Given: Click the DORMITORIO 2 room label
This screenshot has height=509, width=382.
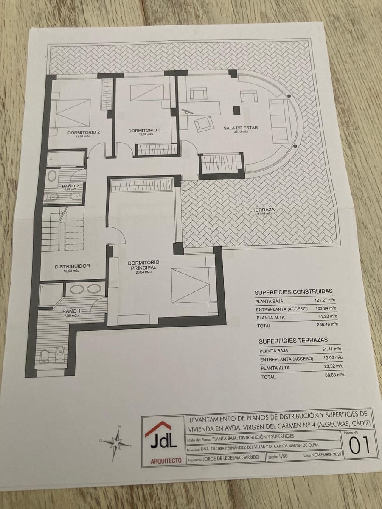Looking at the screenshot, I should [84, 133].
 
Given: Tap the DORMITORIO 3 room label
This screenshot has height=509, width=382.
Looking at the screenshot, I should [144, 131].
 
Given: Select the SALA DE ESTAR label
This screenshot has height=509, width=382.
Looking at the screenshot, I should [241, 127].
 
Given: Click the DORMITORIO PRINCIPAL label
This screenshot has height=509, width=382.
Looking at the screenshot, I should [143, 266].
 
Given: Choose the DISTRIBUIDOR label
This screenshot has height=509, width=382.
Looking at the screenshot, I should [72, 266].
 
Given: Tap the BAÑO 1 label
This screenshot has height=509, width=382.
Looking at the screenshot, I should [68, 311].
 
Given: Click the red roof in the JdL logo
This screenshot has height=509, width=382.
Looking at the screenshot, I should [158, 427].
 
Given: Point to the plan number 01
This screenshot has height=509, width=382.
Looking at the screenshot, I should [359, 445].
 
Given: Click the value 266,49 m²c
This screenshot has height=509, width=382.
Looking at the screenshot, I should [321, 325].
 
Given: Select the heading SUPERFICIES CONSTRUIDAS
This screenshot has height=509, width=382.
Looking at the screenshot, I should [293, 292].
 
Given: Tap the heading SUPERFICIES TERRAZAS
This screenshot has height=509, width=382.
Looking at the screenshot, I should [293, 340].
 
